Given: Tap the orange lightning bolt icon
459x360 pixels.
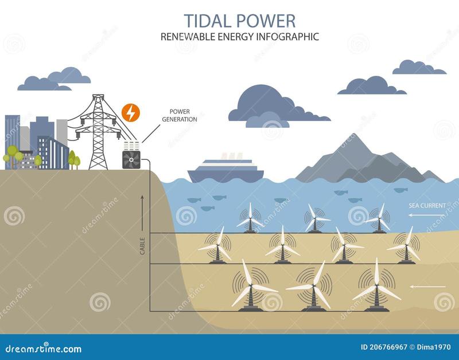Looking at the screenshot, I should click(x=131, y=113).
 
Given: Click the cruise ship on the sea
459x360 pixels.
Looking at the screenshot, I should click(x=226, y=170).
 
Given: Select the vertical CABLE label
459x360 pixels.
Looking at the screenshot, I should click(x=142, y=246).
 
